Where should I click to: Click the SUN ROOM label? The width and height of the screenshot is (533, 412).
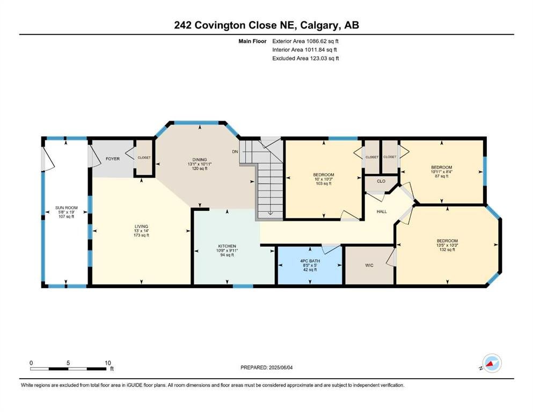point(66,208)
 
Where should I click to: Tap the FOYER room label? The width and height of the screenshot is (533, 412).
point(113,159)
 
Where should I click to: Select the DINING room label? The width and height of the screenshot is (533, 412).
point(200,160)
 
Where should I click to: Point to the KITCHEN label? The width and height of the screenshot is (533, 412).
point(227,246)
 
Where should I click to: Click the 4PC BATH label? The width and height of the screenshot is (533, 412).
point(310,261)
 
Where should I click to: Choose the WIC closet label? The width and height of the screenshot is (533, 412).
point(369,265)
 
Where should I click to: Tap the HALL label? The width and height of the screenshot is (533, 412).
point(382,211)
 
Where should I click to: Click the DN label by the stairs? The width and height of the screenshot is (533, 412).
point(235,151)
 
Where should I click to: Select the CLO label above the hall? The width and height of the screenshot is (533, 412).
point(381,181)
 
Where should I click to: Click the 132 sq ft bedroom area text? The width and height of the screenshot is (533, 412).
point(447,249)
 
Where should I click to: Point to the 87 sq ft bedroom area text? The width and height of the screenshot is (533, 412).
point(442,176)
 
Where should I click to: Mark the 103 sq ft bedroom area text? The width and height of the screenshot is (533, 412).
point(323,183)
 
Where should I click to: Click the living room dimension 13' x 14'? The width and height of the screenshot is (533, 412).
point(141,231)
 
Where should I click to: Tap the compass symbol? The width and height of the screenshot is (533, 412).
point(492,363)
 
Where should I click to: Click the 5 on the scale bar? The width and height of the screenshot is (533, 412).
point(68,363)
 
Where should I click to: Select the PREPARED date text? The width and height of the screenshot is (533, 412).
point(266,367)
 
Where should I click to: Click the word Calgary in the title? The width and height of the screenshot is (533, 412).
point(319,25)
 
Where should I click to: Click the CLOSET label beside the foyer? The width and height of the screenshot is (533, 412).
point(144,158)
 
